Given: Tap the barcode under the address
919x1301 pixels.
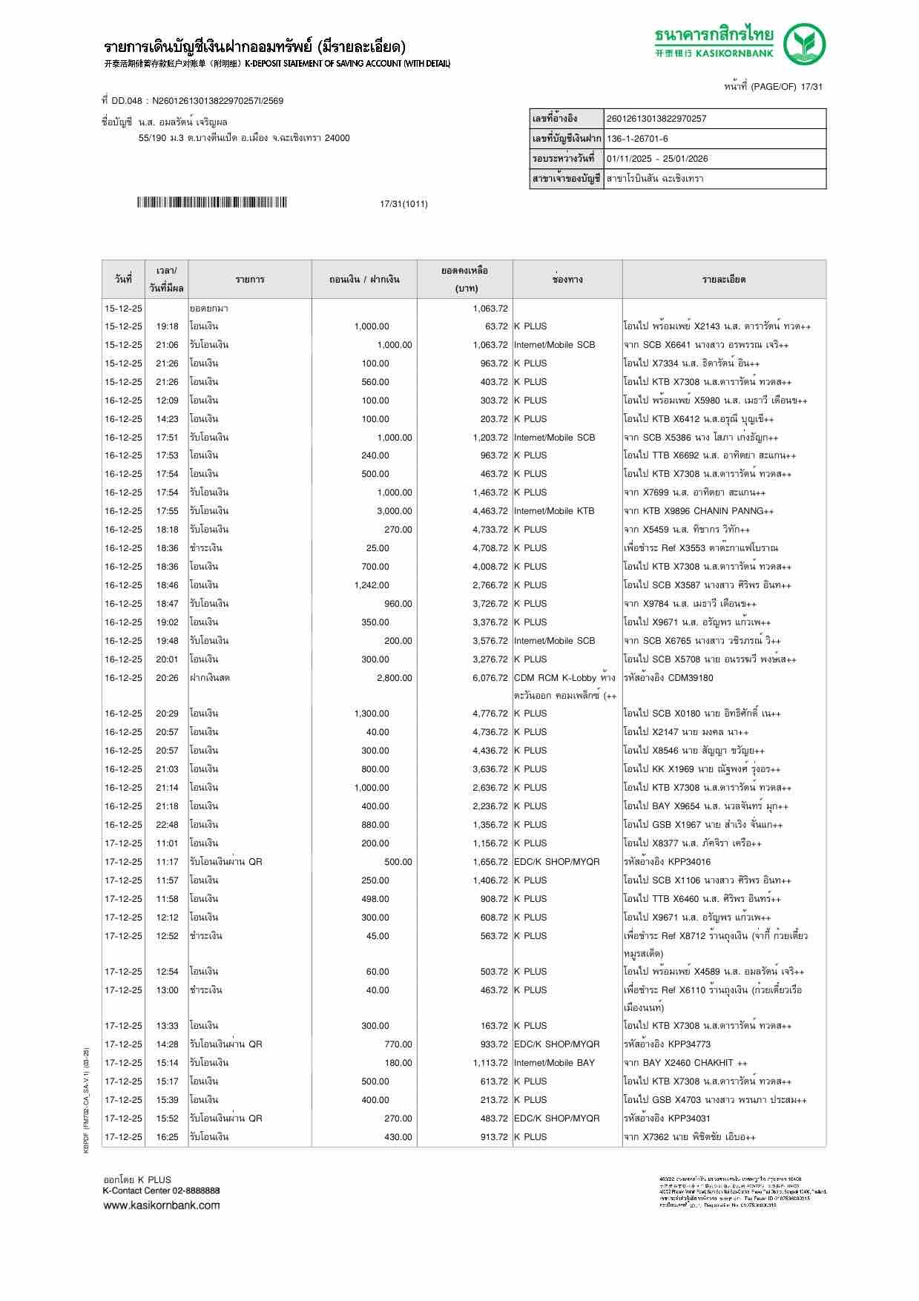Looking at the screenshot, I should (211, 202).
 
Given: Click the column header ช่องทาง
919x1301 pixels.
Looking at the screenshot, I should (567, 280).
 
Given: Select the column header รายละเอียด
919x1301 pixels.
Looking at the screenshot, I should (723, 280).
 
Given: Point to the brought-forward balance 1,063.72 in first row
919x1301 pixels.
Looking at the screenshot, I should (490, 309).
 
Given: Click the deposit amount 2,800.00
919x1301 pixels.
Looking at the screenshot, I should (394, 678).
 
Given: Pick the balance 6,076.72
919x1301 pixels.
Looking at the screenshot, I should (490, 678).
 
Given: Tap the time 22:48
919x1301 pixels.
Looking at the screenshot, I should (167, 825).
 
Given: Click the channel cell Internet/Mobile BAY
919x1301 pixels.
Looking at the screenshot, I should (554, 1063).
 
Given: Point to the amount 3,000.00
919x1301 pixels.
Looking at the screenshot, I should (394, 511).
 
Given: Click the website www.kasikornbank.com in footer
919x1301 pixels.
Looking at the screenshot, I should (161, 1205).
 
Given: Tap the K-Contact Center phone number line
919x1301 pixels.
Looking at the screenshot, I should (161, 1190).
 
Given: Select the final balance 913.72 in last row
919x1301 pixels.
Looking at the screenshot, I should (494, 1137).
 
